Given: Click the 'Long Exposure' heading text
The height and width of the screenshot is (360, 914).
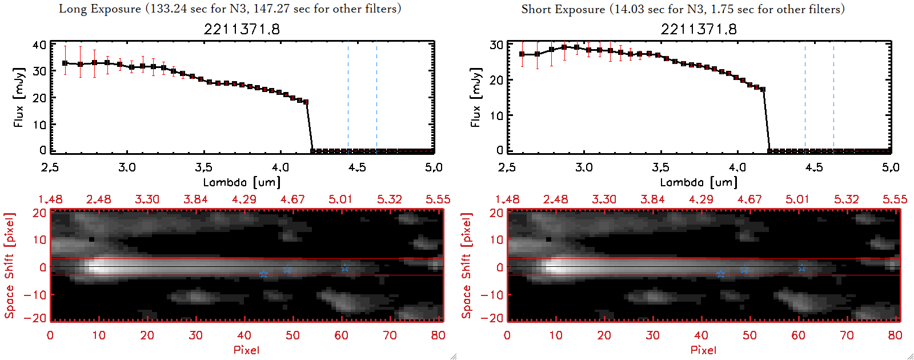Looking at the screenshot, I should click(100, 9).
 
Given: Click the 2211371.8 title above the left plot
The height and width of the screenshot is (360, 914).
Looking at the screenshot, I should click(242, 29).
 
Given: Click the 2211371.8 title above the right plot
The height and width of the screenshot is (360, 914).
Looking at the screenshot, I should click(699, 29).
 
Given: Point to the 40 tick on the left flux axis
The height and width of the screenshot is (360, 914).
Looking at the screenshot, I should click(39, 45).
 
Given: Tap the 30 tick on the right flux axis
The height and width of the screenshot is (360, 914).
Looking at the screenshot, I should click(496, 45).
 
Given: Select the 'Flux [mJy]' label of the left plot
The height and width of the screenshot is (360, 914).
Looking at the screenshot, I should click(19, 97).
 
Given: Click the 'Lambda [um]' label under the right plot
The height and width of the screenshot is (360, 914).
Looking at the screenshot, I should click(699, 182).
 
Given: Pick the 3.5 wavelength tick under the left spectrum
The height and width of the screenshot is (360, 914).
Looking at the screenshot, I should click(203, 167).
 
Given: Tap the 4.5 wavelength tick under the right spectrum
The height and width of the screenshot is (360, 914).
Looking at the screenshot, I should click(814, 167).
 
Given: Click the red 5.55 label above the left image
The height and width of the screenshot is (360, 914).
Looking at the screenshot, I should click(438, 199).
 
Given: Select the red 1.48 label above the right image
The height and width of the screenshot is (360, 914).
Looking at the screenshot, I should click(507, 199).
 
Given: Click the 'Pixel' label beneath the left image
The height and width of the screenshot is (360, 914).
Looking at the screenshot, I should click(246, 350).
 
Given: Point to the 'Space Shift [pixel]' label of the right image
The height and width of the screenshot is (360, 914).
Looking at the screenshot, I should click(467, 266).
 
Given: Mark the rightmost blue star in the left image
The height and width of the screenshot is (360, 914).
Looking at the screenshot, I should click(345, 268).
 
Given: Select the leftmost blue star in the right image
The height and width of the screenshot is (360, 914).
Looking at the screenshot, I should click(720, 274).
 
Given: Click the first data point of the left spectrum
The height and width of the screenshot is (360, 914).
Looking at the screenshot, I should click(65, 63).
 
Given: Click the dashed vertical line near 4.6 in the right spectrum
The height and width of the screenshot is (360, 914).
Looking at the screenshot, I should click(833, 97).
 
